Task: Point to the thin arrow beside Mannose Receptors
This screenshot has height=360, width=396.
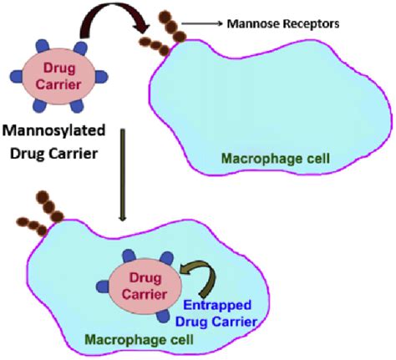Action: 204,23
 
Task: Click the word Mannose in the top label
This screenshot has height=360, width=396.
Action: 254,23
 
